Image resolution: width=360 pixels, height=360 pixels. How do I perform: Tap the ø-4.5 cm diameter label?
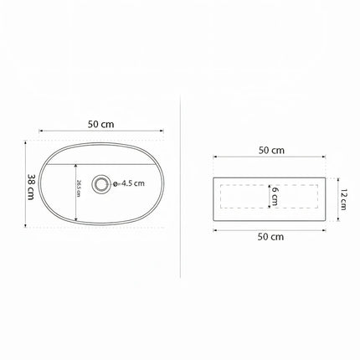(130, 182)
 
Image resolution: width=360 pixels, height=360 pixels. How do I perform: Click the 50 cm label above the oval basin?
(101, 124)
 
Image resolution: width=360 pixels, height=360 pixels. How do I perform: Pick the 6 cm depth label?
(274, 197)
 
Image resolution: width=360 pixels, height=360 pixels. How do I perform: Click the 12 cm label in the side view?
(343, 199)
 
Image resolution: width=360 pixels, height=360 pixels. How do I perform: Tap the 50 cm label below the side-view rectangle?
(270, 237)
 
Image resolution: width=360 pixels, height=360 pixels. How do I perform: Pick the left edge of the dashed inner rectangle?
(219, 198)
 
